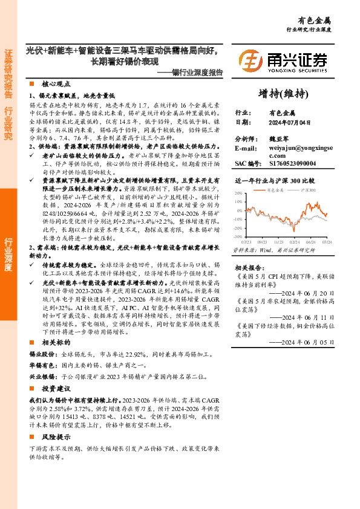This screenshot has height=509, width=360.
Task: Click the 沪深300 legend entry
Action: click(309, 190)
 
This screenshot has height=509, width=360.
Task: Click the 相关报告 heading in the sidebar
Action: click(248, 284)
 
